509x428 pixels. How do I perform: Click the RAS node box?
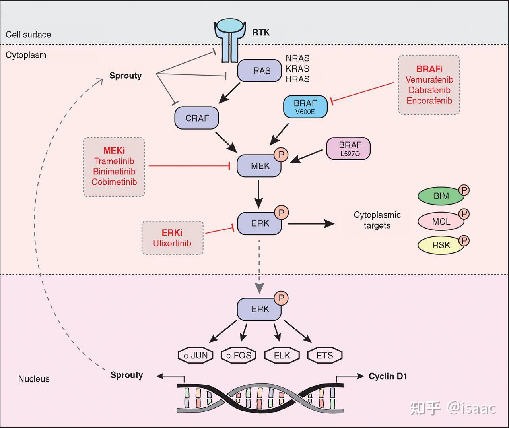259,71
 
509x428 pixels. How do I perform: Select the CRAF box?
196,118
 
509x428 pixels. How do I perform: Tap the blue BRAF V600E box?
305,107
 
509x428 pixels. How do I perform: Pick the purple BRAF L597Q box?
348,149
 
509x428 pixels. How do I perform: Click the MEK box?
259,166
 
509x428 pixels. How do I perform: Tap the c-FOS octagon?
239,355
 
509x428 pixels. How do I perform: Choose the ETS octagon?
325,355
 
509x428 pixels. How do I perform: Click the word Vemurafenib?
429,79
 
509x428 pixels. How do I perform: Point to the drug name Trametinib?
114,161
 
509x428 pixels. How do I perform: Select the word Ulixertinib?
172,243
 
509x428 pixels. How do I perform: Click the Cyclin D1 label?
388,376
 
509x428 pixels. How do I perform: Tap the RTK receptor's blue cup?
229,26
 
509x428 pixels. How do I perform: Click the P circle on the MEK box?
281,155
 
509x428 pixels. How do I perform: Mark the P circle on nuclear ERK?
281,298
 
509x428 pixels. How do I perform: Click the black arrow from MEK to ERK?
258,194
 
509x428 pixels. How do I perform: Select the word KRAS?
297,69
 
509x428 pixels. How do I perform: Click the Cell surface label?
28,35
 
